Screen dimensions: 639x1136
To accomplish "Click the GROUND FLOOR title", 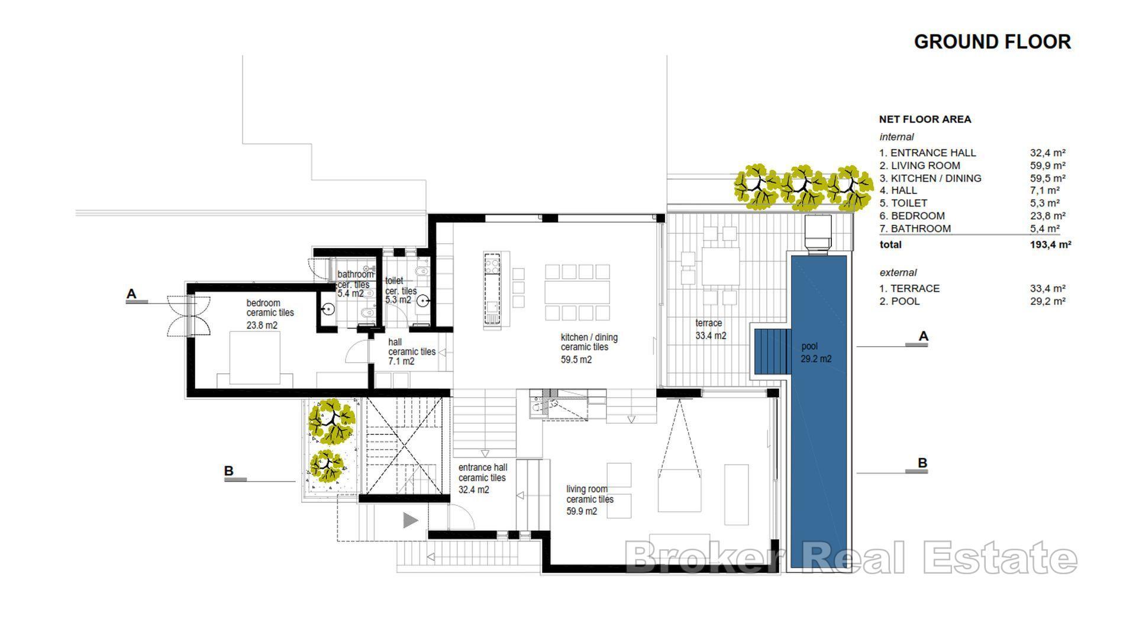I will coord(992,42).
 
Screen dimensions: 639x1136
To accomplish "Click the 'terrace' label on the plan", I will coord(709,323).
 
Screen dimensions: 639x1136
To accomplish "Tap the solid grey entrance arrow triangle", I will coord(410,521).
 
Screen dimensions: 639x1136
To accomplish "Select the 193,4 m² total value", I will coord(1050,244).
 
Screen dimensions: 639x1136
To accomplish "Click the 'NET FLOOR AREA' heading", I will coord(925,120).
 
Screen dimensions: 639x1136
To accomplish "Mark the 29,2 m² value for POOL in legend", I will coord(1047,301).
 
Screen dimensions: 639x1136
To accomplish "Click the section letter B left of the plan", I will coord(229,471).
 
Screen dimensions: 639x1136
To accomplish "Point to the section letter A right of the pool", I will coord(923,336).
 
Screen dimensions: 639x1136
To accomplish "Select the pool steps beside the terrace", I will coord(772,351).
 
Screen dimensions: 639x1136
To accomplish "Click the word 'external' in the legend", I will coord(898,273).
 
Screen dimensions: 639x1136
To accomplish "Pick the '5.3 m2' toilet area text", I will coord(398,300).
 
